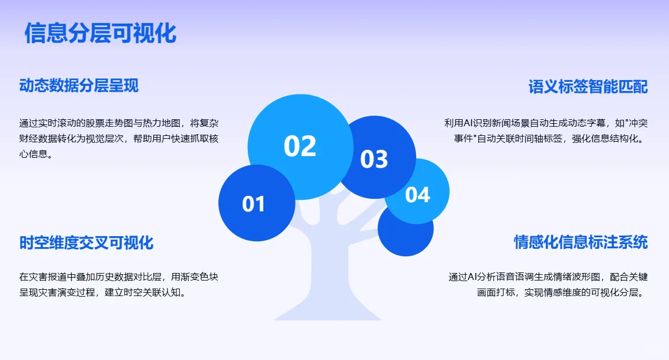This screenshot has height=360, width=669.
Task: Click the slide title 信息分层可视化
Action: pyautogui.click(x=100, y=33)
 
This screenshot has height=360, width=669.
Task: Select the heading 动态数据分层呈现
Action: pyautogui.click(x=79, y=86)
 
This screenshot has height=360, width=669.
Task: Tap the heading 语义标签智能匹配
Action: pyautogui.click(x=588, y=87)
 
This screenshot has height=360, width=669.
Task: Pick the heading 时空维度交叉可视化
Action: pyautogui.click(x=86, y=242)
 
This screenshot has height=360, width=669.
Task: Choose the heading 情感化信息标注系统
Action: pyautogui.click(x=581, y=242)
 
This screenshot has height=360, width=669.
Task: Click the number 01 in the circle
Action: pyautogui.click(x=254, y=204)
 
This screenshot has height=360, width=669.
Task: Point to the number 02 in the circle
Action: pyautogui.click(x=300, y=146)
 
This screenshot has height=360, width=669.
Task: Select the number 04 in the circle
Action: pyautogui.click(x=418, y=195)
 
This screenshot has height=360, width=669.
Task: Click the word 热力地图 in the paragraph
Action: pyautogui.click(x=162, y=123)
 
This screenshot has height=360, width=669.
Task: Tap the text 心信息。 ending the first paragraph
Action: pyautogui.click(x=36, y=154)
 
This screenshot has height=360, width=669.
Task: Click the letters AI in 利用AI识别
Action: pyautogui.click(x=468, y=123)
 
